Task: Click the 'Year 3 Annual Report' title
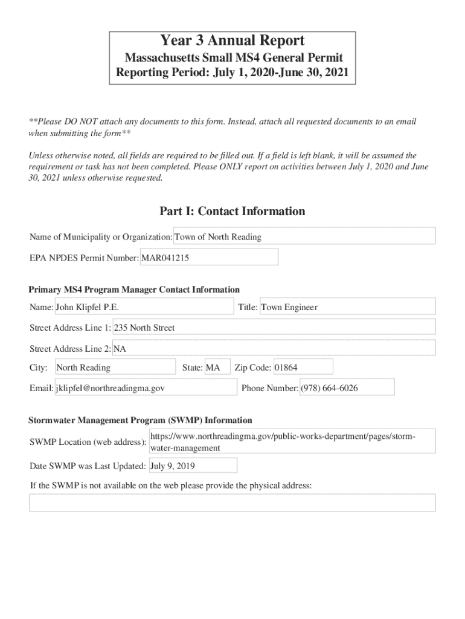pyautogui.click(x=232, y=41)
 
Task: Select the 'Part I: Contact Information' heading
pyautogui.click(x=232, y=212)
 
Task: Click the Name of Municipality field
pyautogui.click(x=304, y=236)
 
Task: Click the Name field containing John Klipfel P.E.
pyautogui.click(x=144, y=307)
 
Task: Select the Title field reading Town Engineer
pyautogui.click(x=347, y=307)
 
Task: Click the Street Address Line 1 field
pyautogui.click(x=274, y=328)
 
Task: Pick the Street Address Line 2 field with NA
pyautogui.click(x=274, y=348)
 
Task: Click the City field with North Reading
pyautogui.click(x=115, y=368)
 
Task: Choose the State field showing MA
pyautogui.click(x=217, y=368)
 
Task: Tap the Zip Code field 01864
pyautogui.click(x=303, y=368)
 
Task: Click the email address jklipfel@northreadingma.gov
pyautogui.click(x=145, y=388)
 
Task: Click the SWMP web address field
pyautogui.click(x=292, y=442)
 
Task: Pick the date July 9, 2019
pyautogui.click(x=193, y=466)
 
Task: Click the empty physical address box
pyautogui.click(x=232, y=503)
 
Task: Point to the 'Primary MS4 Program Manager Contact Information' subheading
pyautogui.click(x=134, y=290)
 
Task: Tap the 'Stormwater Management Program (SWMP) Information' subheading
pyautogui.click(x=140, y=420)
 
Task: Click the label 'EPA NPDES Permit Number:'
pyautogui.click(x=85, y=258)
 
